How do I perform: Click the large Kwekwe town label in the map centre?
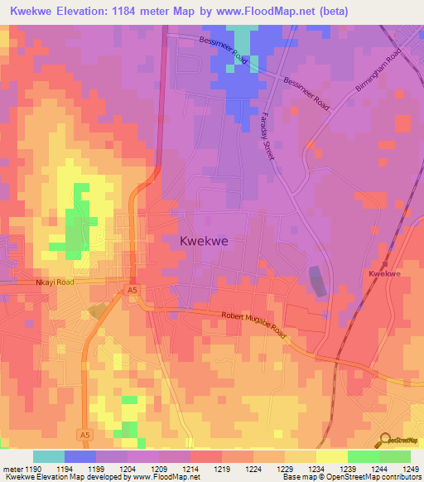click(x=204, y=241)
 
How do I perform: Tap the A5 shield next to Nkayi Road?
click(x=132, y=289)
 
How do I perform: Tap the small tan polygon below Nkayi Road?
click(x=98, y=310)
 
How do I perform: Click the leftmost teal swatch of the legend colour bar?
click(x=48, y=456)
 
